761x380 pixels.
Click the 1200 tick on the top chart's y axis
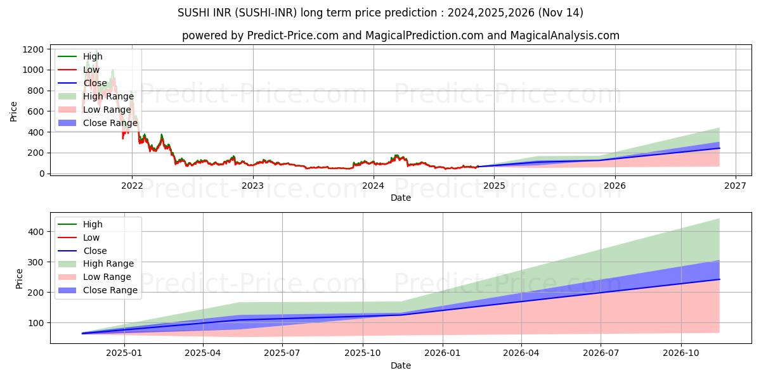click(34, 49)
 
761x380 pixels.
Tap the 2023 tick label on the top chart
click(252, 186)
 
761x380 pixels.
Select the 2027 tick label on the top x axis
click(736, 186)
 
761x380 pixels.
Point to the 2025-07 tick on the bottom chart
click(282, 353)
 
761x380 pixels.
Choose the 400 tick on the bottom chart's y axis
click(37, 232)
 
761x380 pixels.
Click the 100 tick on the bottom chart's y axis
click(37, 323)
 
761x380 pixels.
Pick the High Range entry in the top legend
click(108, 96)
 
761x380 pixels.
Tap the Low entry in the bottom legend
click(91, 237)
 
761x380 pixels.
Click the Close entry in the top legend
click(95, 83)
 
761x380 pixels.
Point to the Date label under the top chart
click(400, 198)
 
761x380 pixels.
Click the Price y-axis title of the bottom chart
click(19, 279)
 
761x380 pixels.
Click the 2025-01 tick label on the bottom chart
click(124, 353)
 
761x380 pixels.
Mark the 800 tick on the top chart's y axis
click(36, 91)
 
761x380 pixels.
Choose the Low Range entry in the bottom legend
click(107, 277)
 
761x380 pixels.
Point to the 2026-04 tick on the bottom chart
click(521, 353)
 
